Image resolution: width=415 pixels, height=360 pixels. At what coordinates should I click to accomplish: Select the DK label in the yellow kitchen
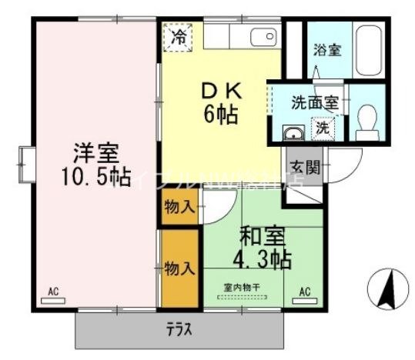(x=220, y=90)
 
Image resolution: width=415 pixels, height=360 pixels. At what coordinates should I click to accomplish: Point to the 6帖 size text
(x=220, y=115)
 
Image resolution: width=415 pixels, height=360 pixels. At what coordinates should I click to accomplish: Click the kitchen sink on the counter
(x=261, y=35)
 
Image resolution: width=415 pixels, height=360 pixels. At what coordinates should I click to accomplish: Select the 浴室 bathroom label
(x=326, y=49)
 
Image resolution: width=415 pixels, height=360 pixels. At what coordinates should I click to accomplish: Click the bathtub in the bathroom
(x=367, y=51)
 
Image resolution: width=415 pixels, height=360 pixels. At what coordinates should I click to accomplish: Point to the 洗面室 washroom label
(x=313, y=101)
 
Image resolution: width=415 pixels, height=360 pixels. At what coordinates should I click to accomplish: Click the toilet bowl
(x=368, y=121)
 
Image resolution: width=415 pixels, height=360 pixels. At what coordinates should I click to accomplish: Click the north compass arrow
(x=387, y=288)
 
